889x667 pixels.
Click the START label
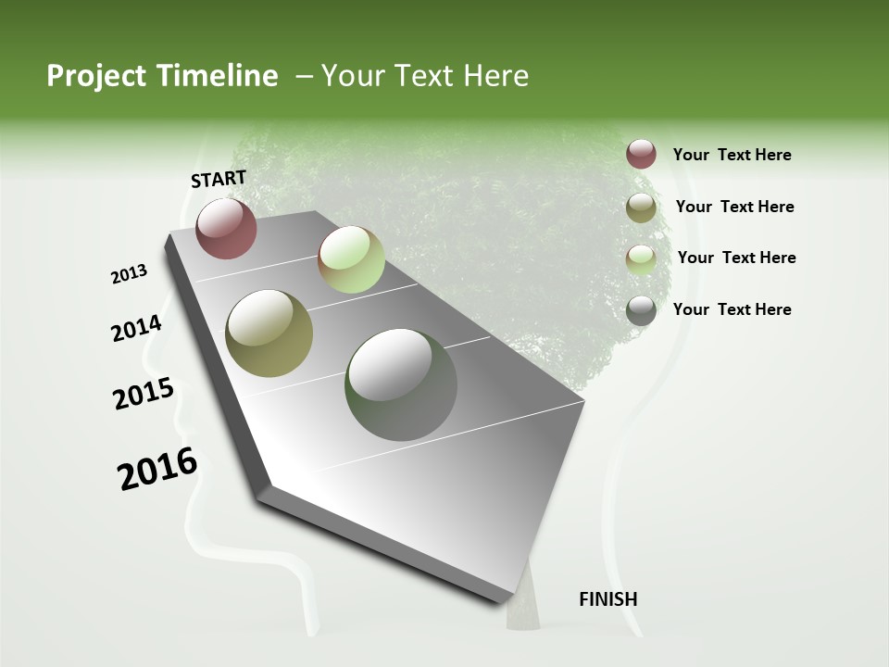(219, 179)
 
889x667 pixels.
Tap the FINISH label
(607, 599)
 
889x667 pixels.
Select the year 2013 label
(129, 274)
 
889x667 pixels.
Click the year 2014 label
(136, 329)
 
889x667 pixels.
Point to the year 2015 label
(144, 394)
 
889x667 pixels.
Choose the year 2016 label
(157, 469)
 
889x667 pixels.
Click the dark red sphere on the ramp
(226, 228)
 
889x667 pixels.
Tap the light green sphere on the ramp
(351, 259)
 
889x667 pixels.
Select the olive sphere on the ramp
(269, 333)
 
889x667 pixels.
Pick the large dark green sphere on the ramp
(401, 384)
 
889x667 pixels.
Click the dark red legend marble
(641, 155)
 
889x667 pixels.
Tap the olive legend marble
(641, 208)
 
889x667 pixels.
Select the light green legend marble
(641, 258)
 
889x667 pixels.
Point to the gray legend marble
(641, 310)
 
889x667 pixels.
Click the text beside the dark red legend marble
(732, 156)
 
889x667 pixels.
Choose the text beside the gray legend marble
(732, 309)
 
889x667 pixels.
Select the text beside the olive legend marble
(734, 207)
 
